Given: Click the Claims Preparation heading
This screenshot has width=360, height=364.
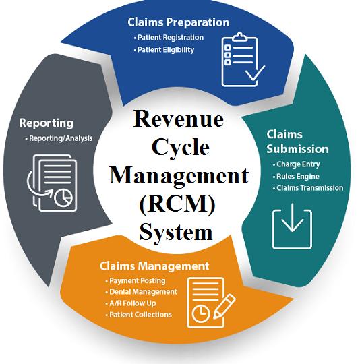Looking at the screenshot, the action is pos(178,23).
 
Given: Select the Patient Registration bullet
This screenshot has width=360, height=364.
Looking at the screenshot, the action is pos(169,38).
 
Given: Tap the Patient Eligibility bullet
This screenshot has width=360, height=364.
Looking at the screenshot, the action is pos(164,50).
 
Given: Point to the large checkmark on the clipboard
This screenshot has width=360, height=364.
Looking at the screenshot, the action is pos(256,73).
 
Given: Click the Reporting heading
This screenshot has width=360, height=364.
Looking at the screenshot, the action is pos(47,123).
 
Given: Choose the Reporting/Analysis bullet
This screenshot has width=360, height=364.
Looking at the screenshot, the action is pos(59,138).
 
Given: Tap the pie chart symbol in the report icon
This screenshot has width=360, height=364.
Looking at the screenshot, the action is pos(63,198).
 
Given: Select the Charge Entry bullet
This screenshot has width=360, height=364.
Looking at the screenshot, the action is pos(297,164).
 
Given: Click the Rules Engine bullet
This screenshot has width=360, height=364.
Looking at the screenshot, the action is pos(296,177).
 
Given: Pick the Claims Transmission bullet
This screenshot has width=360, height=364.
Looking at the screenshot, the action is pos(308,188).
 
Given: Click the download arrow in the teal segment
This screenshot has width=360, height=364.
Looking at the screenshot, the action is pos(292,217).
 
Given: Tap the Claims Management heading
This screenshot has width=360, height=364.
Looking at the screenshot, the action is pos(154,266).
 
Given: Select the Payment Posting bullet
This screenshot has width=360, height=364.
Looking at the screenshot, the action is pos(136,281).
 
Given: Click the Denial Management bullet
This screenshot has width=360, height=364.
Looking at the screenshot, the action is pos(142,292).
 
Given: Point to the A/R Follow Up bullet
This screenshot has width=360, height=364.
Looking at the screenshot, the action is pos(131,303).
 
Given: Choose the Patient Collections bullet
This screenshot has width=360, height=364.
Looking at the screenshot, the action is pos(139,315).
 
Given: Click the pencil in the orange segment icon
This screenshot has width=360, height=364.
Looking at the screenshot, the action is pos(224,306).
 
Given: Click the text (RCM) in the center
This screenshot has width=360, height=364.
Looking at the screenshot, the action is pos(178,204).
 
